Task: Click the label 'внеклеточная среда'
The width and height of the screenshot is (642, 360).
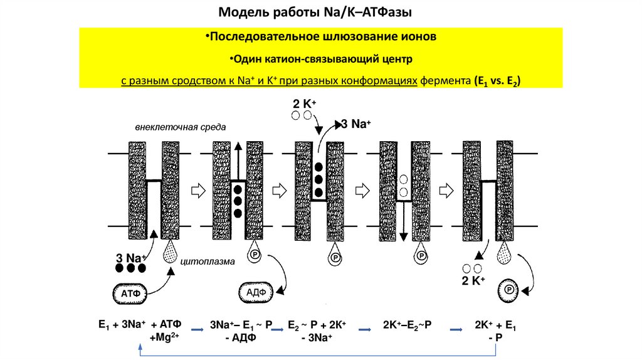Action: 180,127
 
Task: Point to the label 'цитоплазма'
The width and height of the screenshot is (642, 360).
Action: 208,262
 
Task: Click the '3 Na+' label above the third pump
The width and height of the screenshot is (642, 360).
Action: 354,124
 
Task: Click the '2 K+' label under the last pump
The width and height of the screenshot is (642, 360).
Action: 475,280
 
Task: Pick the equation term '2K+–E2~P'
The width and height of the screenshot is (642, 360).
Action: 411,325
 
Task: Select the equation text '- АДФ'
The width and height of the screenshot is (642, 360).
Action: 249,337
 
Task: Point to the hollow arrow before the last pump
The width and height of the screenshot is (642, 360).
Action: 446,190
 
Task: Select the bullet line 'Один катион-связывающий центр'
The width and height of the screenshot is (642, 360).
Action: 320,60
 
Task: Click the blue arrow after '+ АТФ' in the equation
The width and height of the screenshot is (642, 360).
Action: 198,327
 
